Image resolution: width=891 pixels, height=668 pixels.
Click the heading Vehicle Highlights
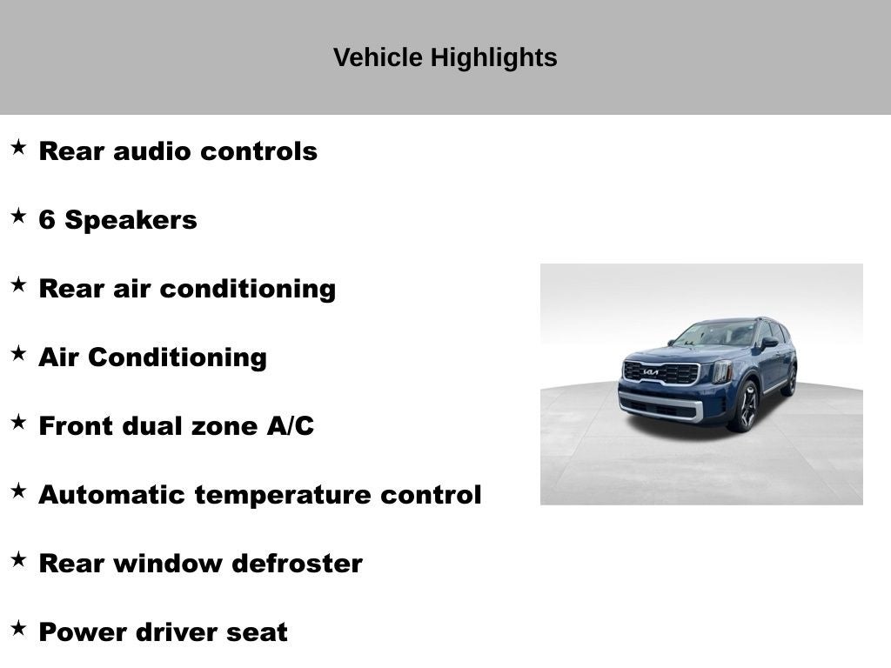(445, 57)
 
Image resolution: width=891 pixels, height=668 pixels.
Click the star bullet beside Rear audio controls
(18, 147)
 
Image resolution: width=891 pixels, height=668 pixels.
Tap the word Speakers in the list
(131, 221)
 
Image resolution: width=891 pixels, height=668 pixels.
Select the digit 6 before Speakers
(47, 220)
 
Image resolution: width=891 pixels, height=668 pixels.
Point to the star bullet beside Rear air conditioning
(18, 284)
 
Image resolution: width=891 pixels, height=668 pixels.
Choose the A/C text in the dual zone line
(291, 426)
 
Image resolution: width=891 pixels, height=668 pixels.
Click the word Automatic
(112, 495)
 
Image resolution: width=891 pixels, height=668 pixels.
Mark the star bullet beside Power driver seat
(18, 628)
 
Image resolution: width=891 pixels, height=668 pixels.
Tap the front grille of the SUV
(662, 373)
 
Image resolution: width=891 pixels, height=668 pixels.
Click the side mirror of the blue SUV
(768, 344)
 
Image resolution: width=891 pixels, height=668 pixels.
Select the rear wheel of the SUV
(790, 380)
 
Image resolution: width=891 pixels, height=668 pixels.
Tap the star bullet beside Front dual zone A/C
(18, 422)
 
